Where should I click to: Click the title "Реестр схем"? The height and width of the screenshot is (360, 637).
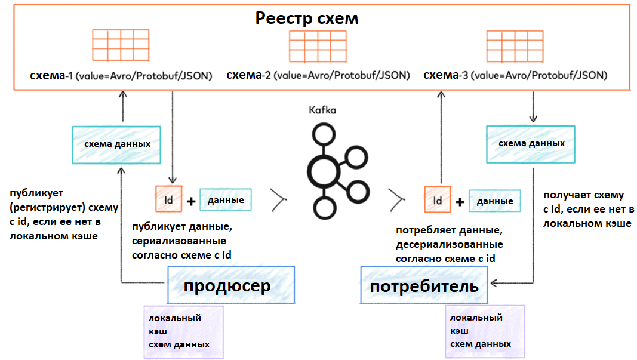307,18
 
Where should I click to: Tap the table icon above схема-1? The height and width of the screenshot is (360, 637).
121,44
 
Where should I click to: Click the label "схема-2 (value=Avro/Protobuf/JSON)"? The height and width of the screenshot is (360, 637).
318,75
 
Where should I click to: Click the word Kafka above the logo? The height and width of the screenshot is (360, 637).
322,110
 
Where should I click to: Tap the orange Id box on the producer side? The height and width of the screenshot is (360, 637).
169,200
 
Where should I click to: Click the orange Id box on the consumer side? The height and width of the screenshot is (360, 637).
438,201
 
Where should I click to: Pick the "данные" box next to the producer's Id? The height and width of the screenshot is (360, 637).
225,200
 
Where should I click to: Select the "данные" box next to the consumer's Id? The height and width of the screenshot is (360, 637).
494,201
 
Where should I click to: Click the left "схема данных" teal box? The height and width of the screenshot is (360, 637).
116,144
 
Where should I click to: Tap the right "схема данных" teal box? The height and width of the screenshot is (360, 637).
531,144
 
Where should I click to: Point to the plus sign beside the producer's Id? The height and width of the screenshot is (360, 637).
191,202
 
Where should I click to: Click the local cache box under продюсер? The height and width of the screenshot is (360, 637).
184,332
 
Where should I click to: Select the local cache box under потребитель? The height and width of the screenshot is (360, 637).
485,331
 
